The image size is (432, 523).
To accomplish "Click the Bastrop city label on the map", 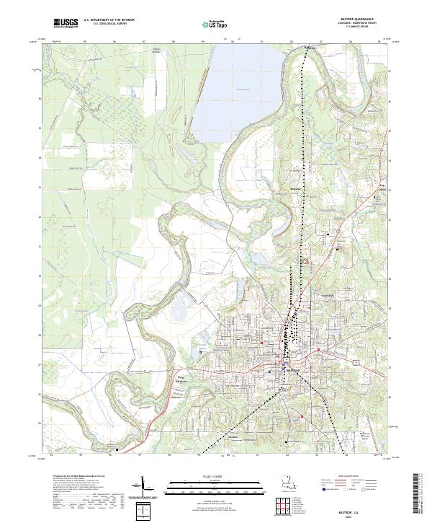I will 292,370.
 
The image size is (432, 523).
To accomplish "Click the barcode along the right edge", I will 417,494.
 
